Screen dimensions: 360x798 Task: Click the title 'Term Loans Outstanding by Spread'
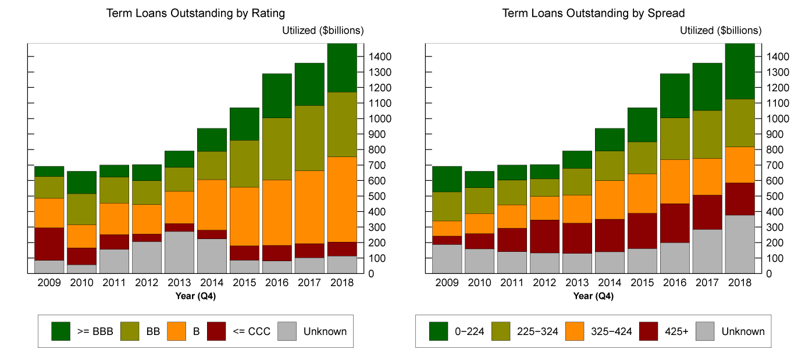pyautogui.click(x=594, y=13)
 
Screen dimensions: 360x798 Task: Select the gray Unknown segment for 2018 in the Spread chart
pyautogui.click(x=739, y=244)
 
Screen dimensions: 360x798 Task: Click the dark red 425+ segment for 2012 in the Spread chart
pyautogui.click(x=544, y=236)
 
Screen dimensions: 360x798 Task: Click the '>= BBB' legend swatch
pyautogui.click(x=60, y=332)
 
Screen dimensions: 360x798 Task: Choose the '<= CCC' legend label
pyautogui.click(x=251, y=332)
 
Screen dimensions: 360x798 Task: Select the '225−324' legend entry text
pyautogui.click(x=537, y=332)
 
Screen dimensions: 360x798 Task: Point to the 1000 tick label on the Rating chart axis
pyautogui.click(x=382, y=119)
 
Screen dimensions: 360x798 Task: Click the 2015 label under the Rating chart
pyautogui.click(x=243, y=283)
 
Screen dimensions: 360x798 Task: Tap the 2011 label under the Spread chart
pyautogui.click(x=512, y=283)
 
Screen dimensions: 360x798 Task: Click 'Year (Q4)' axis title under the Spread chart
pyautogui.click(x=593, y=296)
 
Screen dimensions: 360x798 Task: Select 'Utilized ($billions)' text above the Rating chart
pyautogui.click(x=323, y=31)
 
